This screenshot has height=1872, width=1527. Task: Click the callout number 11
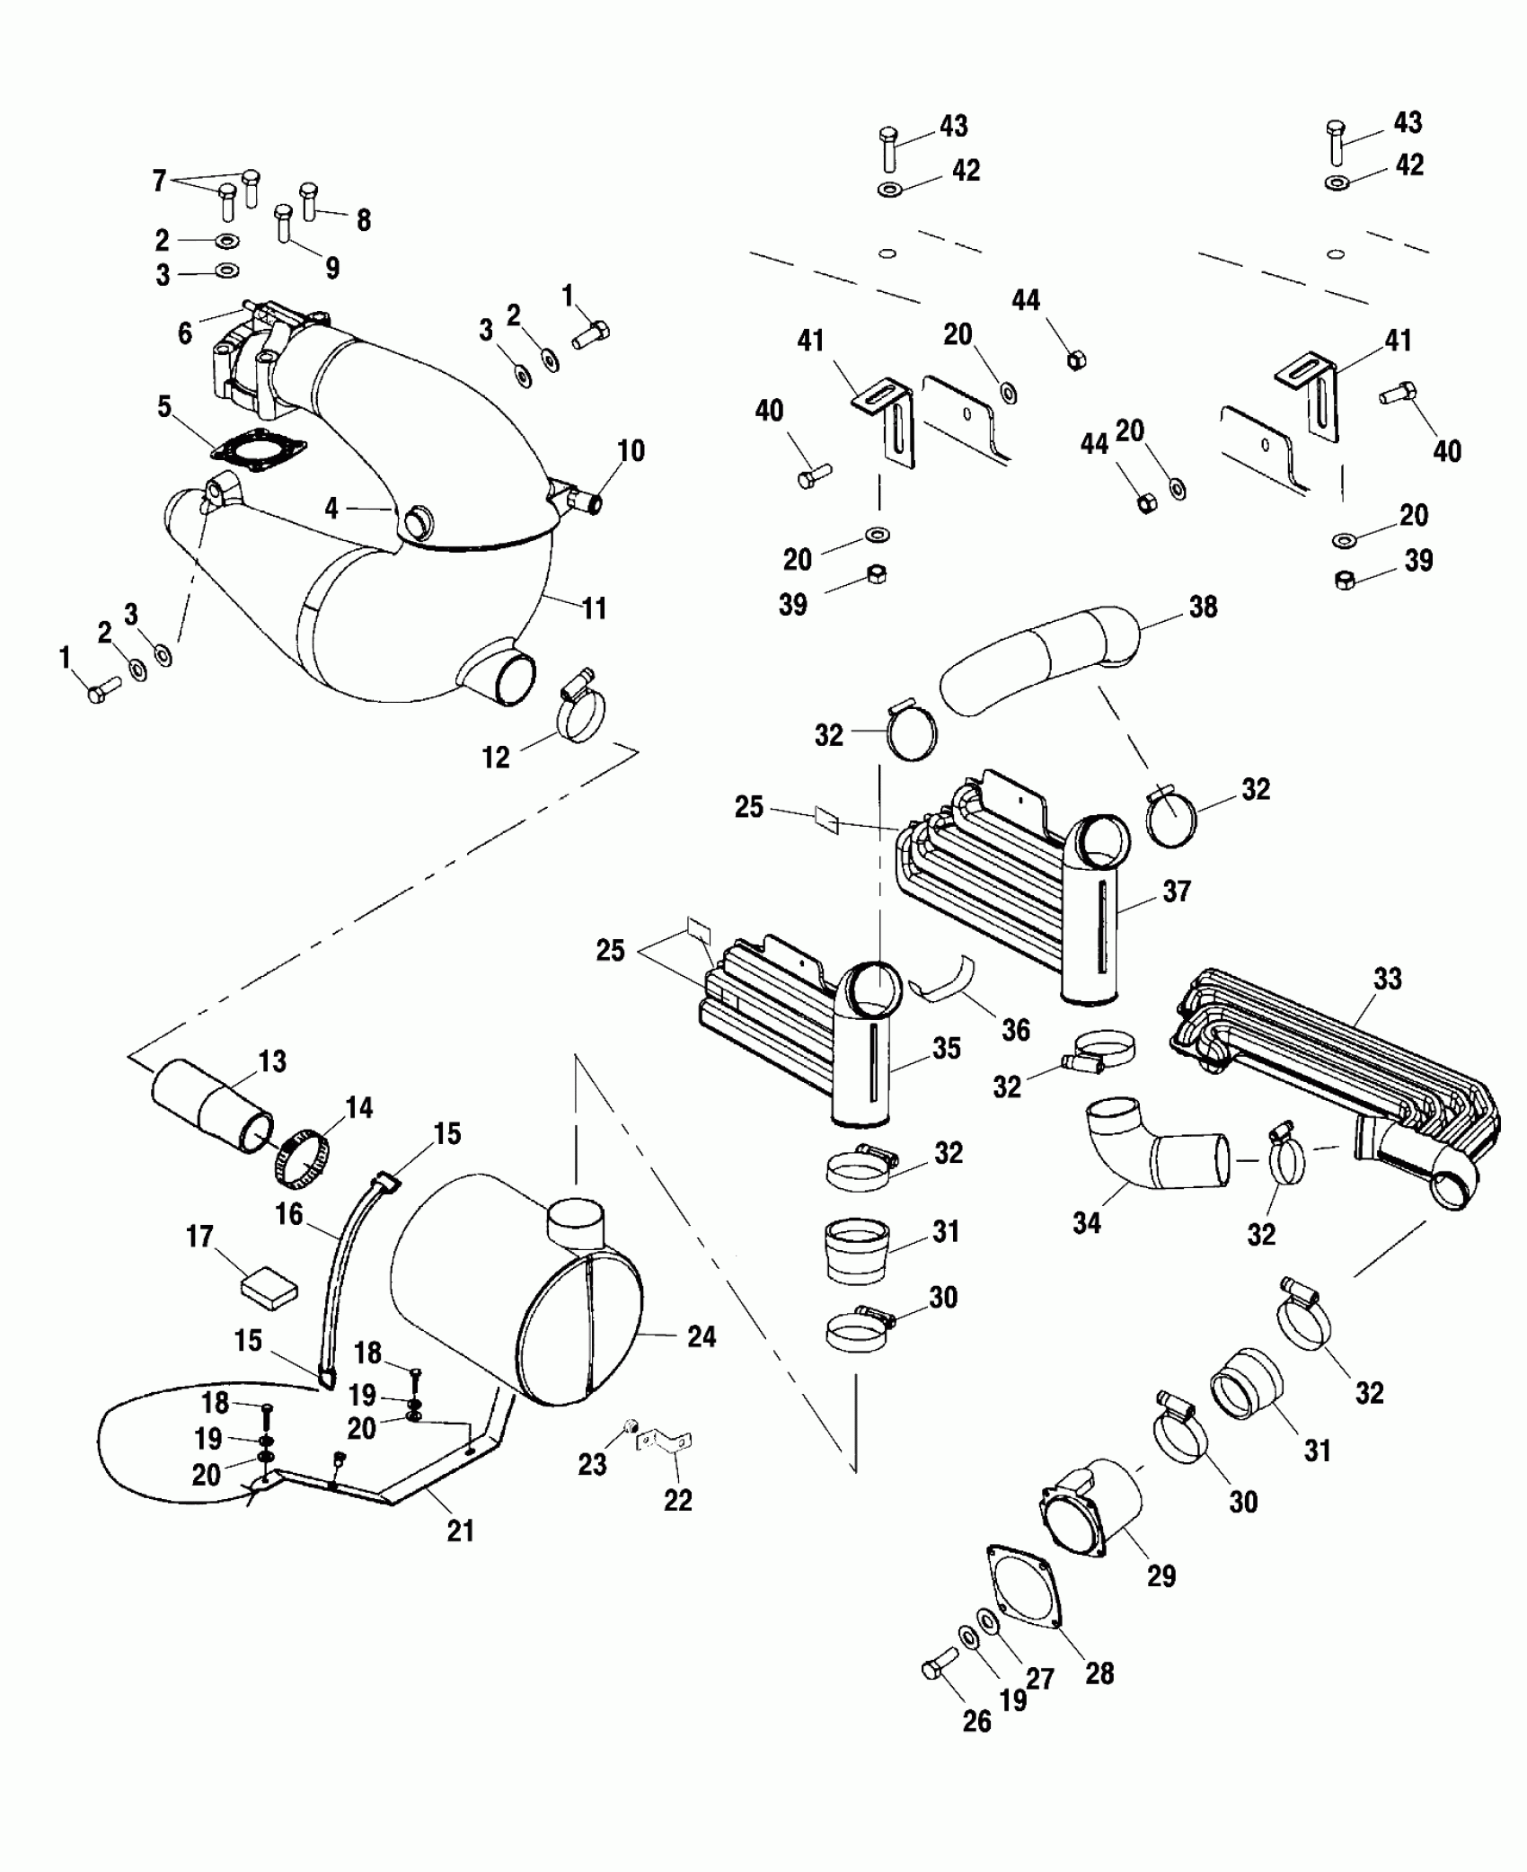[595, 608]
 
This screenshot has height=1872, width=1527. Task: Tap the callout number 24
[702, 1362]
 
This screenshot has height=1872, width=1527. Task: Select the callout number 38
[1203, 607]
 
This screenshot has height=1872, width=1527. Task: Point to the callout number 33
[1387, 978]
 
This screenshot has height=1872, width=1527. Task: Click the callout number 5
[164, 406]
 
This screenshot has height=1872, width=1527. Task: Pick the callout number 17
[199, 1238]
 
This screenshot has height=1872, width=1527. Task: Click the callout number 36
[1016, 1030]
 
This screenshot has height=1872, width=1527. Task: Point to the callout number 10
[631, 450]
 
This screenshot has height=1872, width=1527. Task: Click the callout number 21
[460, 1530]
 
